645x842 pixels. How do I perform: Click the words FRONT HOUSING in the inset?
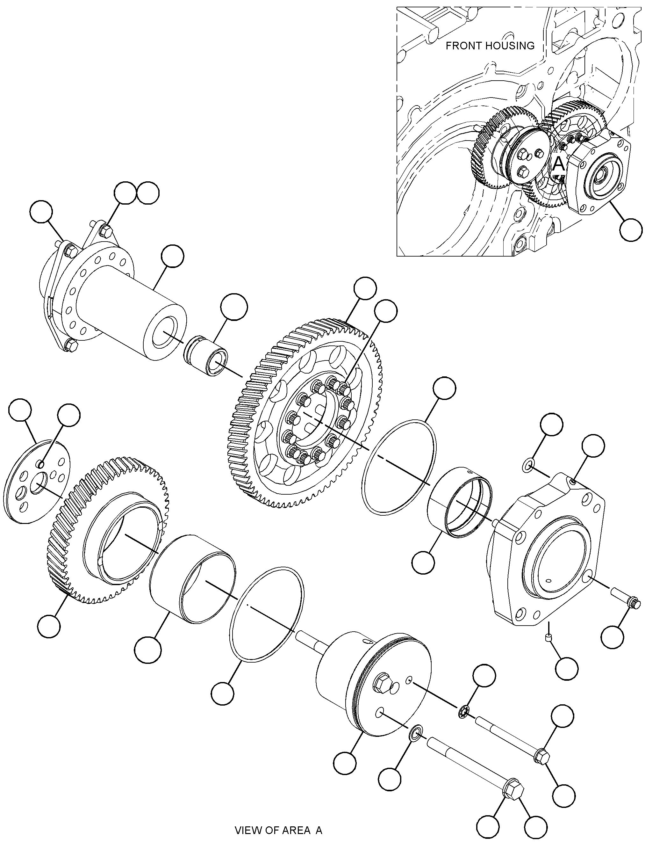(x=490, y=46)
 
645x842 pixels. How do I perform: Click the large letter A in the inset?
(x=558, y=164)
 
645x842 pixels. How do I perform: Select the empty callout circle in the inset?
(x=631, y=230)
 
